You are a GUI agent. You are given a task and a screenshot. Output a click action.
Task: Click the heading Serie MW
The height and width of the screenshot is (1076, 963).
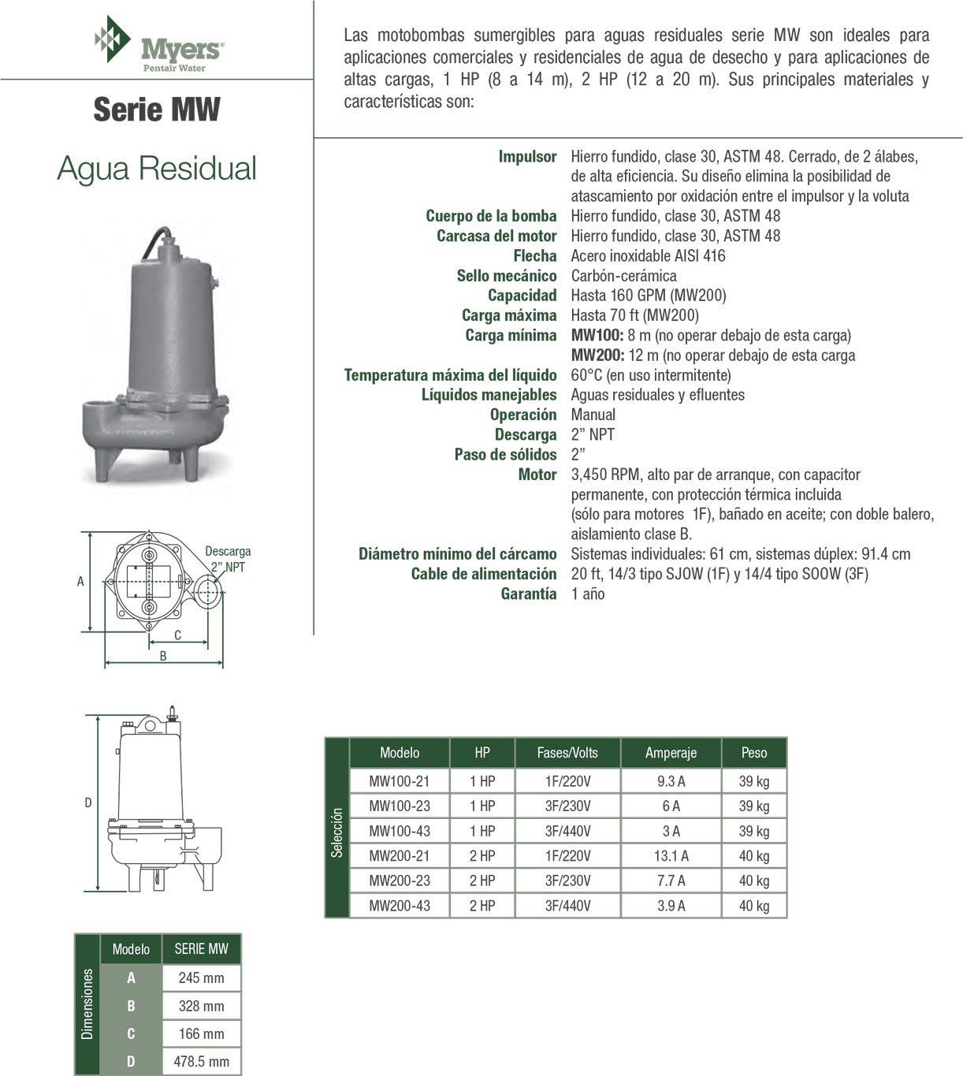pos(157,109)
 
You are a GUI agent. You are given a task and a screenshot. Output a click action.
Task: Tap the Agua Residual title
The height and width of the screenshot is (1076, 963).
pos(157,168)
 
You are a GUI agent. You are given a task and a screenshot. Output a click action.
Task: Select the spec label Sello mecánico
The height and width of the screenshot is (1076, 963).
pos(506,276)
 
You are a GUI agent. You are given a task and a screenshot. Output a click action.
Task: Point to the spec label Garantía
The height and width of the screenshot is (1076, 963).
pos(528,594)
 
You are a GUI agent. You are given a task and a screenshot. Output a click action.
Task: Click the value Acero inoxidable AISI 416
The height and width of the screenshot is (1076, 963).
pos(648,255)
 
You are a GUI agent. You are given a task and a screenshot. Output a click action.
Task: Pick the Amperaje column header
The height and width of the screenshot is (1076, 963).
pos(671,753)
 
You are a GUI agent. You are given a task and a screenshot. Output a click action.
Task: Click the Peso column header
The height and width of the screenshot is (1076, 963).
pos(753,753)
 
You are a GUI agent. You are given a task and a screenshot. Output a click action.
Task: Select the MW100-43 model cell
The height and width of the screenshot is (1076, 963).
pos(400,831)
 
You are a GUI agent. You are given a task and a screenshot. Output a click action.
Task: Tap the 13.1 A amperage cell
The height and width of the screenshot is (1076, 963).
pos(671,856)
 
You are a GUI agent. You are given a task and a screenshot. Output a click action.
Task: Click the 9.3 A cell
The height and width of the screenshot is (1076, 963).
pos(671,781)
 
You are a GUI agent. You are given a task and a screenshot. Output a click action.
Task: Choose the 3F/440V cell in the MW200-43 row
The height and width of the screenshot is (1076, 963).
pos(567,906)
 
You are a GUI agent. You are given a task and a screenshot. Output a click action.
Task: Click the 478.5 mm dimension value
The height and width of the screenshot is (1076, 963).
pos(201,1062)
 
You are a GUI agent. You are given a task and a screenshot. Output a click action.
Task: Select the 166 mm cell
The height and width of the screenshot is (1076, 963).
pos(201,1033)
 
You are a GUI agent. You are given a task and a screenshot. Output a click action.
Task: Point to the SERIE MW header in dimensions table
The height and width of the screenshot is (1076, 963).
pos(201,949)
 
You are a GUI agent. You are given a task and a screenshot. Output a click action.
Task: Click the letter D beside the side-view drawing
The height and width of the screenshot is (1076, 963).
pos(88,802)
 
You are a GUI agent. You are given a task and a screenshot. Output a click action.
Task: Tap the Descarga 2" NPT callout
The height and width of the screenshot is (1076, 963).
pos(228,559)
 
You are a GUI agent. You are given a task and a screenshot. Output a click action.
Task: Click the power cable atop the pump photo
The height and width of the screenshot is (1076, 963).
pos(154,240)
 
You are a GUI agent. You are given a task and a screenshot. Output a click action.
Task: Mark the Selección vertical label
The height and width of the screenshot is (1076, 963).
pos(337,832)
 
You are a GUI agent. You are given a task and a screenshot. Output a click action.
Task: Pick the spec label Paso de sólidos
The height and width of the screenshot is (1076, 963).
pos(505,455)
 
